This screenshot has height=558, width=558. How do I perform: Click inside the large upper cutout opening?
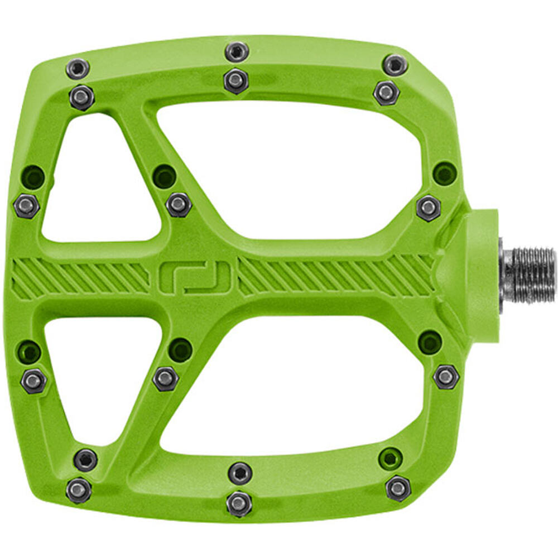[x=290, y=167]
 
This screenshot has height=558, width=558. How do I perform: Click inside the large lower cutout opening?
[x=290, y=385]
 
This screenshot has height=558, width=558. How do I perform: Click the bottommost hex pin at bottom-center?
[x=239, y=504]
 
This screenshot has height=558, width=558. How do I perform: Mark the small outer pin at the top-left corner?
[x=77, y=69]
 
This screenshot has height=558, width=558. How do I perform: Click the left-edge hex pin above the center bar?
[x=26, y=206]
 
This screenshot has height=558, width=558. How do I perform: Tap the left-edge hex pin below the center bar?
[x=33, y=381]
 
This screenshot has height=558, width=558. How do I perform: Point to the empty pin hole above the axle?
[x=445, y=173]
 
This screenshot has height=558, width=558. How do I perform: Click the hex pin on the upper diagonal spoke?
[x=179, y=204]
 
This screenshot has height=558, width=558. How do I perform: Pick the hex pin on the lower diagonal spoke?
[x=165, y=378]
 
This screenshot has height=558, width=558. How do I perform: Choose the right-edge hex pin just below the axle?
[x=446, y=377]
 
